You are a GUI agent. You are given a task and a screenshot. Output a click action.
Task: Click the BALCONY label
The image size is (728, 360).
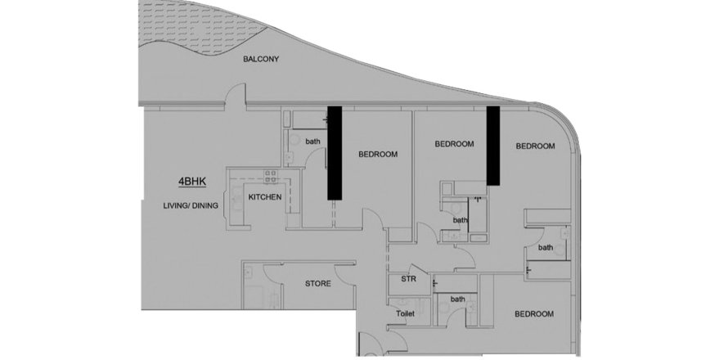pos(261,59)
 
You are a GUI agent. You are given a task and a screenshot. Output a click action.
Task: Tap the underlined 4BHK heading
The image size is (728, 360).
pos(192,182)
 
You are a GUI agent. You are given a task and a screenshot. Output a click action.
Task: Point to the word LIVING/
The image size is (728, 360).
pos(175,205)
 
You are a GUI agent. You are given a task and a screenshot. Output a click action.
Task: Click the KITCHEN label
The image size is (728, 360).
pos(265,197)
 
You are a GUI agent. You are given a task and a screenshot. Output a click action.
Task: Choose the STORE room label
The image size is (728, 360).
pos(318,283)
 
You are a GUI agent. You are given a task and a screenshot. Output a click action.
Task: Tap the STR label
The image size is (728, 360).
pos(408,279)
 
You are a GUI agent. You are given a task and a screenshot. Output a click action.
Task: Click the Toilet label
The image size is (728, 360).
pos(405,313)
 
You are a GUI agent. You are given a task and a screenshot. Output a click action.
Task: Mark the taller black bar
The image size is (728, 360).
pos(335,153)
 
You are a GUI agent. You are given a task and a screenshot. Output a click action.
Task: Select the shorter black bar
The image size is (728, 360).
pos(493,146)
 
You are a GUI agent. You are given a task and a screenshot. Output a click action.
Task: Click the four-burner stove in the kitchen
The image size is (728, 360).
pos(271,176)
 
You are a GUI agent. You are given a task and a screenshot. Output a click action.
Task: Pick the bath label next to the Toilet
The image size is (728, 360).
pos(458,299)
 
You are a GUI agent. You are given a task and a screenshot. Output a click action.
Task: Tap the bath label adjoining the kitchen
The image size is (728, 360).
pos(312,142)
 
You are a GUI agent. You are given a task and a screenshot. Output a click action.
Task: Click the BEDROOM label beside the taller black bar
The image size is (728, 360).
pos(378,154)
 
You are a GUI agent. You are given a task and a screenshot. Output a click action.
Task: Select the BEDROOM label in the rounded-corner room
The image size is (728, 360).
pos(535,146)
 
